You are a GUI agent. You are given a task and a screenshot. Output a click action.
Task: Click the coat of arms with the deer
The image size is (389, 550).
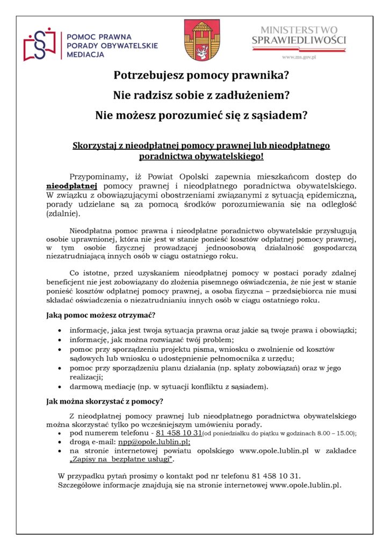(x=198, y=40)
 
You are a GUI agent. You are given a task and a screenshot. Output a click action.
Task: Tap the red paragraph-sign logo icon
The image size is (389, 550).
(x=39, y=45)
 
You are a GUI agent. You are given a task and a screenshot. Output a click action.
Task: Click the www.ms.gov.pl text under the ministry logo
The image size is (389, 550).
(x=299, y=56)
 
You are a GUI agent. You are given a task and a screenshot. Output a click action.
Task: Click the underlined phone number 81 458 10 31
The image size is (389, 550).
(x=179, y=433)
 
